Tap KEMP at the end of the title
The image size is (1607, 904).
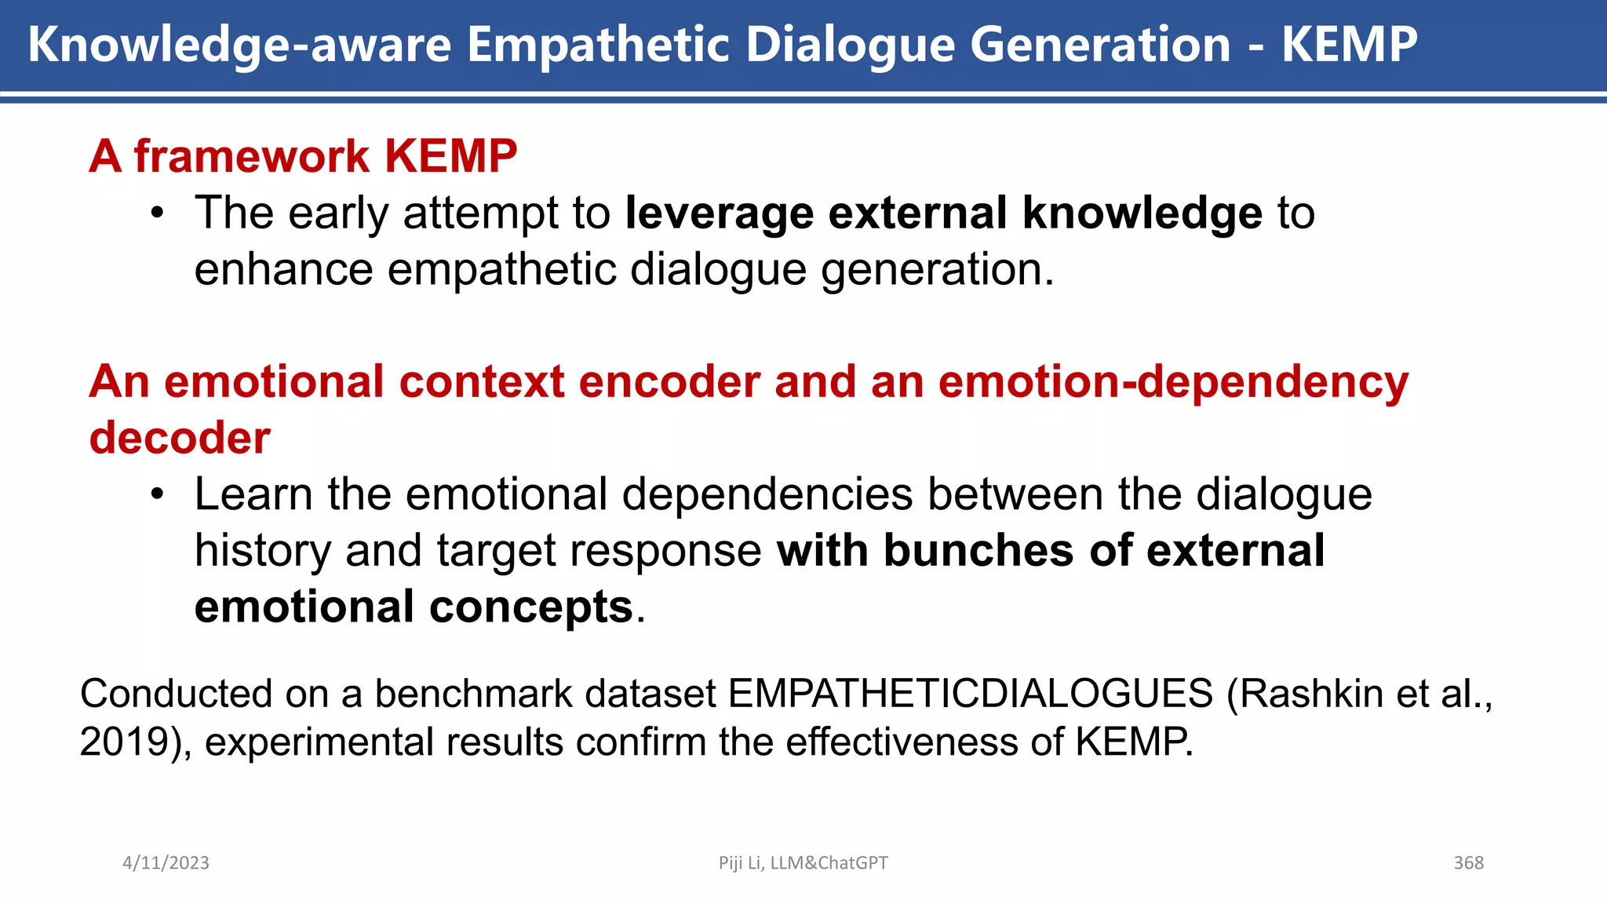pyautogui.click(x=1349, y=45)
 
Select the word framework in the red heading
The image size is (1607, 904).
pyautogui.click(x=251, y=156)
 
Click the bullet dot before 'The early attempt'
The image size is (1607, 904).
pyautogui.click(x=158, y=213)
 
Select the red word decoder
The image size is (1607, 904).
pyautogui.click(x=180, y=438)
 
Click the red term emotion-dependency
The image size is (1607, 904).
pyautogui.click(x=1173, y=382)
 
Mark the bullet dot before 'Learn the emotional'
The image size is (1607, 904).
pyautogui.click(x=158, y=495)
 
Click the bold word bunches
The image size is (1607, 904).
pyautogui.click(x=978, y=550)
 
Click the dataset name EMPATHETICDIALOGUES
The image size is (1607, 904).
pyautogui.click(x=970, y=694)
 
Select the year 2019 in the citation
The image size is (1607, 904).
pyautogui.click(x=124, y=742)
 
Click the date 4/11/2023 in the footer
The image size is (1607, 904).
pyautogui.click(x=166, y=863)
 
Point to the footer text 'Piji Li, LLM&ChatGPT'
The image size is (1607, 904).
pyautogui.click(x=803, y=863)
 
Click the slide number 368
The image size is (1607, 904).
pyautogui.click(x=1468, y=863)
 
